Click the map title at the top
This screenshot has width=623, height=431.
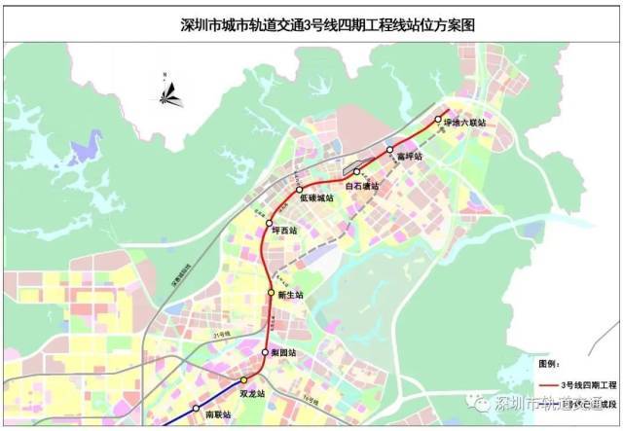point(311,19)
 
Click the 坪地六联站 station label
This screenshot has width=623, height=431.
point(464,123)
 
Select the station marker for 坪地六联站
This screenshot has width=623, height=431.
point(438,120)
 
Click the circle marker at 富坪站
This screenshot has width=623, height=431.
point(389,150)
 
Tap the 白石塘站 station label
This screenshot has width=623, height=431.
point(363,185)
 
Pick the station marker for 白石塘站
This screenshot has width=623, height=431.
point(356,172)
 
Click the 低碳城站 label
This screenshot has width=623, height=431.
point(316,198)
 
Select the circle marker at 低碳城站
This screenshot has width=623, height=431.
point(300,190)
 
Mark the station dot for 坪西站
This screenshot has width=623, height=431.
point(270,225)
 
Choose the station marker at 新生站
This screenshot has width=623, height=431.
point(272,292)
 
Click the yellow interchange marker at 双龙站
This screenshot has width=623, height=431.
point(244,380)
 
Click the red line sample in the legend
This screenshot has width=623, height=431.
point(554,385)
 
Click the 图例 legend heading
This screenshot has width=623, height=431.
point(552,361)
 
